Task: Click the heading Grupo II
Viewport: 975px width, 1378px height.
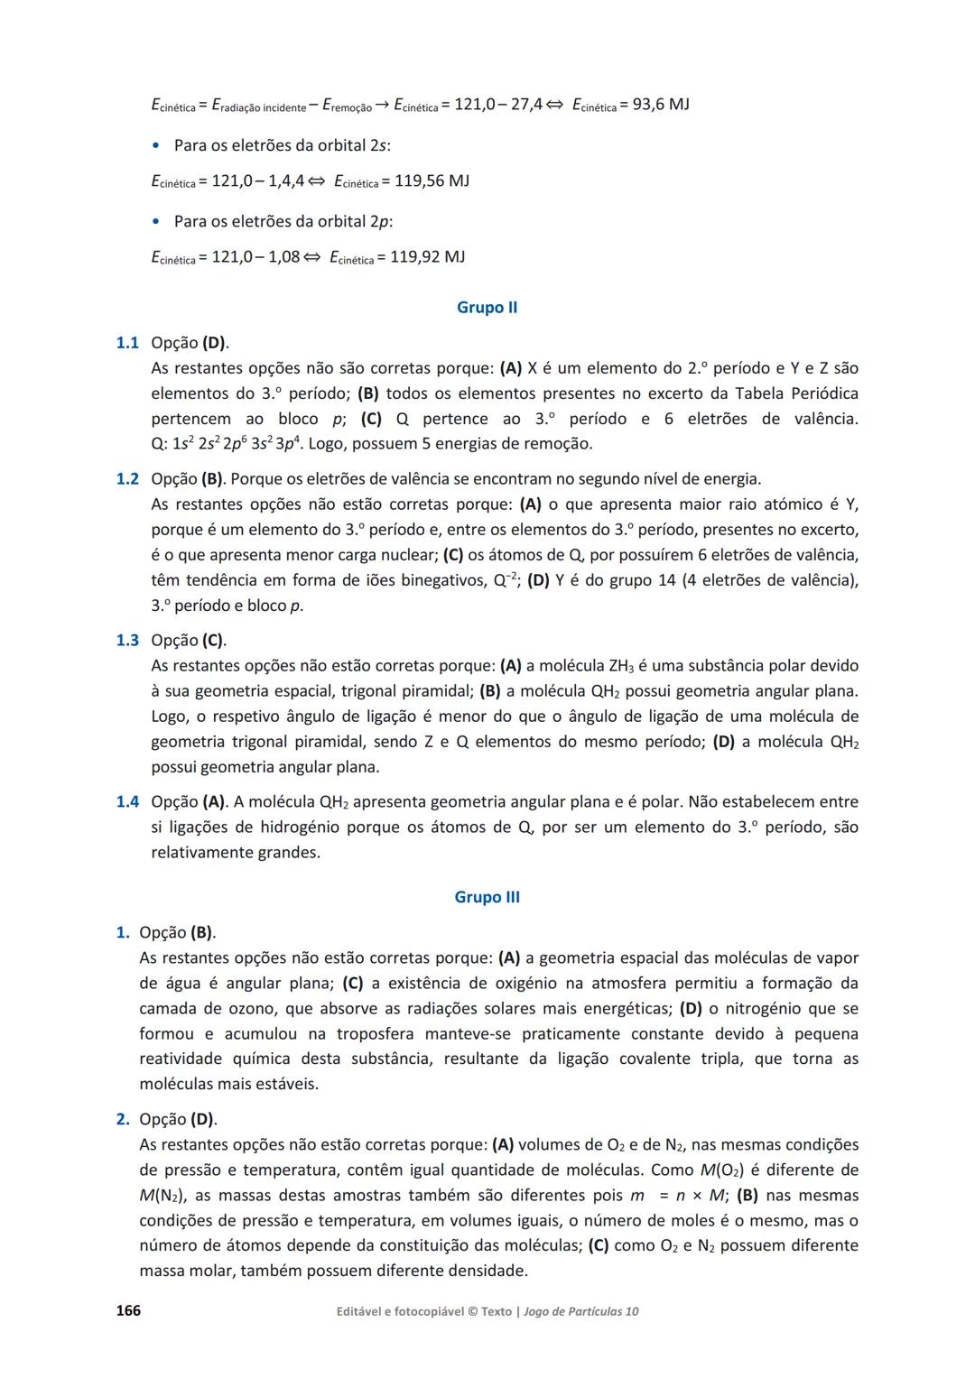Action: tap(487, 308)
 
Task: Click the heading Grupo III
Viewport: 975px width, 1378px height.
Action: tap(487, 897)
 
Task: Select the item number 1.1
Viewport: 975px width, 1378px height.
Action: tap(127, 343)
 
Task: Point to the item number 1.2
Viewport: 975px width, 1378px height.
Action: tap(127, 478)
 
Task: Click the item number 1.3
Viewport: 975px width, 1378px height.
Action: tap(127, 640)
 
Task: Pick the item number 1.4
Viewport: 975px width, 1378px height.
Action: tap(127, 801)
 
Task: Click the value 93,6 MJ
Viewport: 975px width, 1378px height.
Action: tap(660, 105)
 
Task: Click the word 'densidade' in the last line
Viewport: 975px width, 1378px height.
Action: tap(487, 1271)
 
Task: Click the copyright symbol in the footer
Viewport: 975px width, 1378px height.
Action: tap(472, 1311)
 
